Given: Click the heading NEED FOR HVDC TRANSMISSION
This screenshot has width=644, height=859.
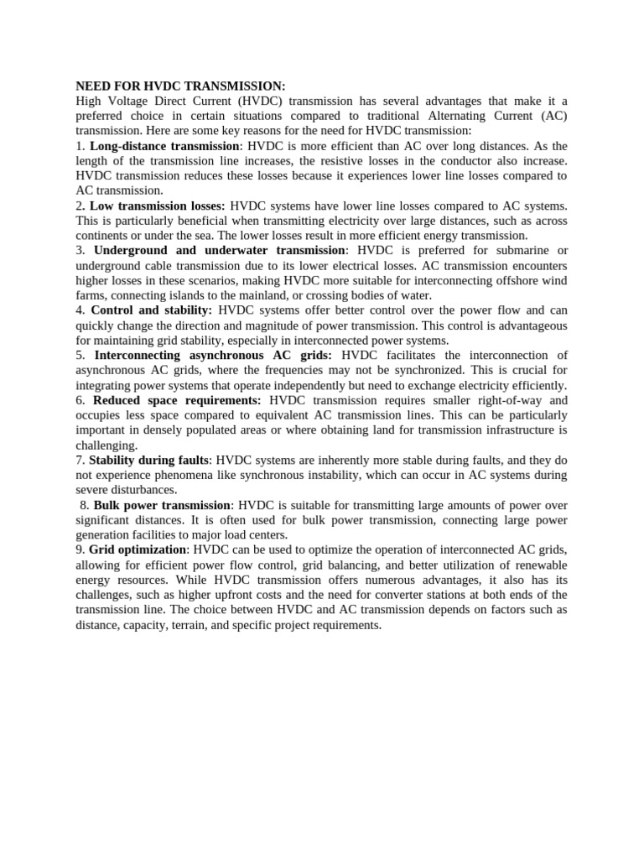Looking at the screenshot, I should coord(180,86).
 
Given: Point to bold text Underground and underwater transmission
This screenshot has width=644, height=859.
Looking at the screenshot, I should coord(219,250).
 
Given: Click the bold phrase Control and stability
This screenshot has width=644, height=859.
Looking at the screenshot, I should coord(151,310).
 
